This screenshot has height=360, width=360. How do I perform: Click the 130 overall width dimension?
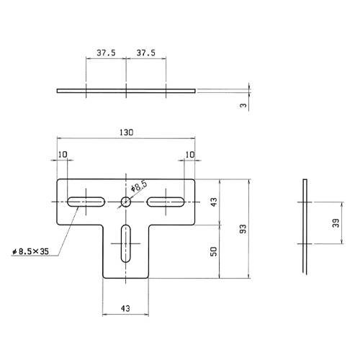(x=126, y=133)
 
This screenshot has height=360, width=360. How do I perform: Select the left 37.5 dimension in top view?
(x=106, y=53)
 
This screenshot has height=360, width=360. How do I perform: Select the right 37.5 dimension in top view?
(x=146, y=53)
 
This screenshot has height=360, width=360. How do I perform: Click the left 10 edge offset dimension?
(x=63, y=154)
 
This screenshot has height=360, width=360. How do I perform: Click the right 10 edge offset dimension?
(x=189, y=154)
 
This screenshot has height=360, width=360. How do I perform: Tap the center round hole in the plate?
(x=126, y=202)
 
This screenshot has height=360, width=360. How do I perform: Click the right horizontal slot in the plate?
(x=166, y=202)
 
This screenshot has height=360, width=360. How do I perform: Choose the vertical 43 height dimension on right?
(x=214, y=202)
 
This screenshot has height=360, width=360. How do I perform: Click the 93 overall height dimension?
(x=243, y=229)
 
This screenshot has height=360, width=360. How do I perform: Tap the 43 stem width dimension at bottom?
(x=126, y=308)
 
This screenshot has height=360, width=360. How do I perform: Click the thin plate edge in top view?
(x=126, y=91)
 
